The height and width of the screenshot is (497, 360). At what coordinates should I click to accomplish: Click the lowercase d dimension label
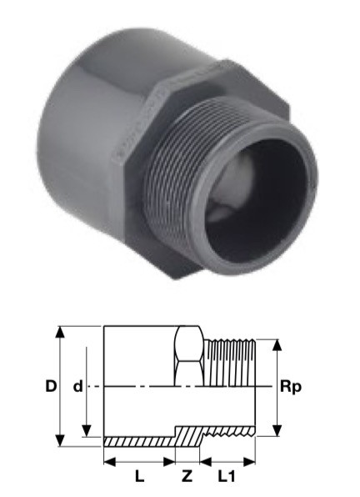click(77, 387)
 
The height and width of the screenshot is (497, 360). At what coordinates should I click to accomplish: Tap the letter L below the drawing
click(139, 478)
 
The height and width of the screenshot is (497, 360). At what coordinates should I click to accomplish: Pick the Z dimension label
click(187, 478)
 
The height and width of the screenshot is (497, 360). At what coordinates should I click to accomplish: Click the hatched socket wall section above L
click(137, 440)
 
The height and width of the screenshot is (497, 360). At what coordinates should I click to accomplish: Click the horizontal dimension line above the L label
click(138, 460)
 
